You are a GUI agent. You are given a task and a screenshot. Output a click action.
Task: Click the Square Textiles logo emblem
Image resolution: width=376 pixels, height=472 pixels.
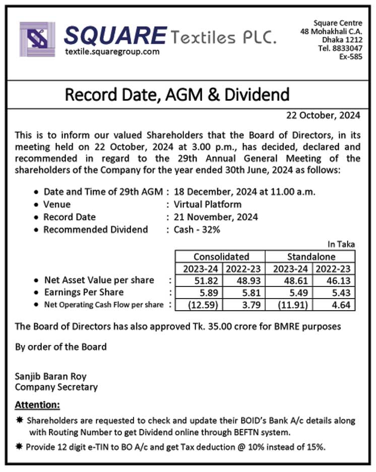pyautogui.click(x=37, y=39)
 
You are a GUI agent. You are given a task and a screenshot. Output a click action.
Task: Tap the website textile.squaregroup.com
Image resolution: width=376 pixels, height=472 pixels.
pyautogui.click(x=112, y=51)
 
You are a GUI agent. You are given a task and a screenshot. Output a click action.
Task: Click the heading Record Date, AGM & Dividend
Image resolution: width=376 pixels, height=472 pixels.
pyautogui.click(x=177, y=94)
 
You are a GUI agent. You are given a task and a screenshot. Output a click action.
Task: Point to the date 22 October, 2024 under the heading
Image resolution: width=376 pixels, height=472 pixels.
pyautogui.click(x=323, y=115)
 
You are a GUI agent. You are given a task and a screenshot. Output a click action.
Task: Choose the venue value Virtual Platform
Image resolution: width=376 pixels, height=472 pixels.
pyautogui.click(x=207, y=204)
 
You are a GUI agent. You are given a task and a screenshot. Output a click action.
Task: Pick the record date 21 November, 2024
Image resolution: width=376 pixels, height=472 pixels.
pyautogui.click(x=216, y=217)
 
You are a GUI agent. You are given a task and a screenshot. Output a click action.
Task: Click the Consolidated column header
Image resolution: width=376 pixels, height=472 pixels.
pyautogui.click(x=221, y=256)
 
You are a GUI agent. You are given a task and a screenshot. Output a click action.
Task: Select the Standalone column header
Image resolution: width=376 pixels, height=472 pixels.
pyautogui.click(x=311, y=256)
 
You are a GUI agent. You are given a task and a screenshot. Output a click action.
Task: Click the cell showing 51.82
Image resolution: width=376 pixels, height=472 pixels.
pyautogui.click(x=199, y=280)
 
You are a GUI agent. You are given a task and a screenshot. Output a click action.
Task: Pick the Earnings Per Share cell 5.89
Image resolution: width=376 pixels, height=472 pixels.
pyautogui.click(x=199, y=292)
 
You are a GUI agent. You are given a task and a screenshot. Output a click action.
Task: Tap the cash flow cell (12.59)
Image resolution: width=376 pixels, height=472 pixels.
pyautogui.click(x=199, y=305)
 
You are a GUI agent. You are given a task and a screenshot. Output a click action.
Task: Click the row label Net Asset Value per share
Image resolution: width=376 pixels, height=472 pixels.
pyautogui.click(x=99, y=280)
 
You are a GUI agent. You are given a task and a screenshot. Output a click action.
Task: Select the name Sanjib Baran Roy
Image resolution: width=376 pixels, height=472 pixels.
pyautogui.click(x=51, y=376)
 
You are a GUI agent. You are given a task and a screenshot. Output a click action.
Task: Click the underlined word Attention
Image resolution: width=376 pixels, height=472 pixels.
pyautogui.click(x=37, y=404)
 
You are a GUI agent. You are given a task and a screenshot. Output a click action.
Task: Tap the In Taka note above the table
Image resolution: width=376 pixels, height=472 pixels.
pyautogui.click(x=341, y=244)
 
